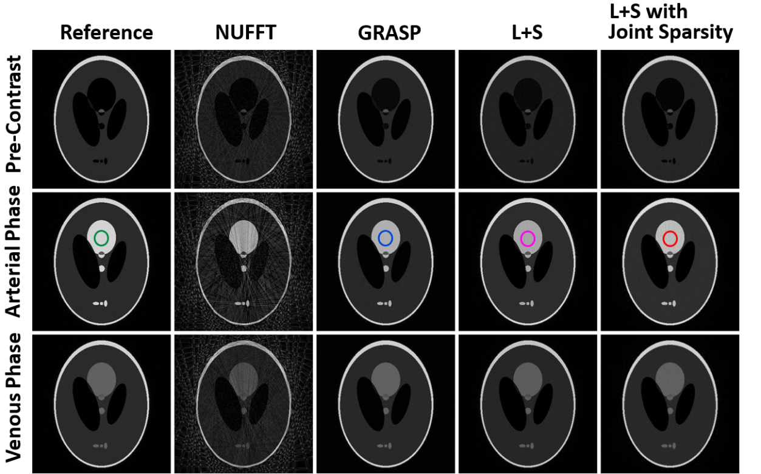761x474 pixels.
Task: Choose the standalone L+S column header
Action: pyautogui.click(x=527, y=33)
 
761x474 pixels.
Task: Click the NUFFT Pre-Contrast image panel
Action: pyautogui.click(x=244, y=119)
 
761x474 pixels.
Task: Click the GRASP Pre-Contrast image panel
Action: pyautogui.click(x=385, y=119)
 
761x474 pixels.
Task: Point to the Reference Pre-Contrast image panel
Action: pyautogui.click(x=101, y=119)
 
